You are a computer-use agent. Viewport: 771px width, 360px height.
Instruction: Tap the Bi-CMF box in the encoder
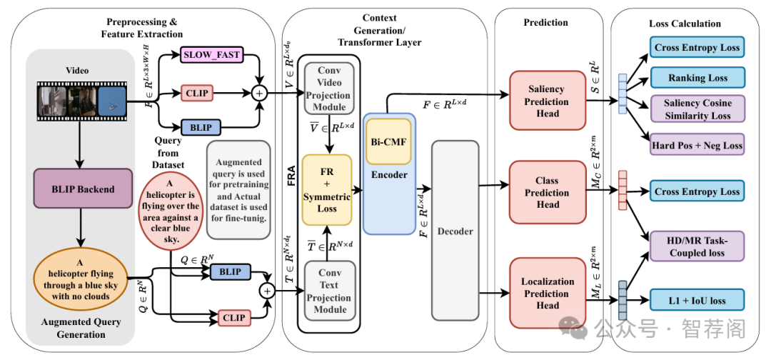click(389, 141)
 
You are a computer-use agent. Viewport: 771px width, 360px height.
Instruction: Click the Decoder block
click(455, 231)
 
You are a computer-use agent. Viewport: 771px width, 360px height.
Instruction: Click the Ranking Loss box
click(697, 77)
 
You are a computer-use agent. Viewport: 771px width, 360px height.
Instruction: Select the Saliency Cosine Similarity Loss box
click(697, 109)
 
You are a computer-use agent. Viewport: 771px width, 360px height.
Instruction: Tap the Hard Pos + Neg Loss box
click(697, 145)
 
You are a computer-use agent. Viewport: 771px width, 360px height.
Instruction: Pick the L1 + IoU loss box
click(697, 300)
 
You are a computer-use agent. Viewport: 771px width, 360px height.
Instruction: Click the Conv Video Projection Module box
click(329, 89)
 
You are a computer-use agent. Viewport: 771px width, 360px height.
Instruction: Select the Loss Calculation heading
click(685, 24)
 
